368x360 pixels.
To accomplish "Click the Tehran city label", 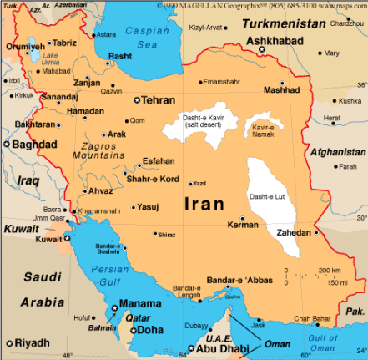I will pos(159,99).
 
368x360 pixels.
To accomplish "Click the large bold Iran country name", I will pos(203,203).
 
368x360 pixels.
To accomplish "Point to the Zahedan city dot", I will pos(317,233).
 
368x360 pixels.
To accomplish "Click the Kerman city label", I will pos(244,226).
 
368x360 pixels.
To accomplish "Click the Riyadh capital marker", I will pos(7,343).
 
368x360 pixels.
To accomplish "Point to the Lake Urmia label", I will pos(37,58).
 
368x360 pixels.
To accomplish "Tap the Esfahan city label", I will pos(159,160).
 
